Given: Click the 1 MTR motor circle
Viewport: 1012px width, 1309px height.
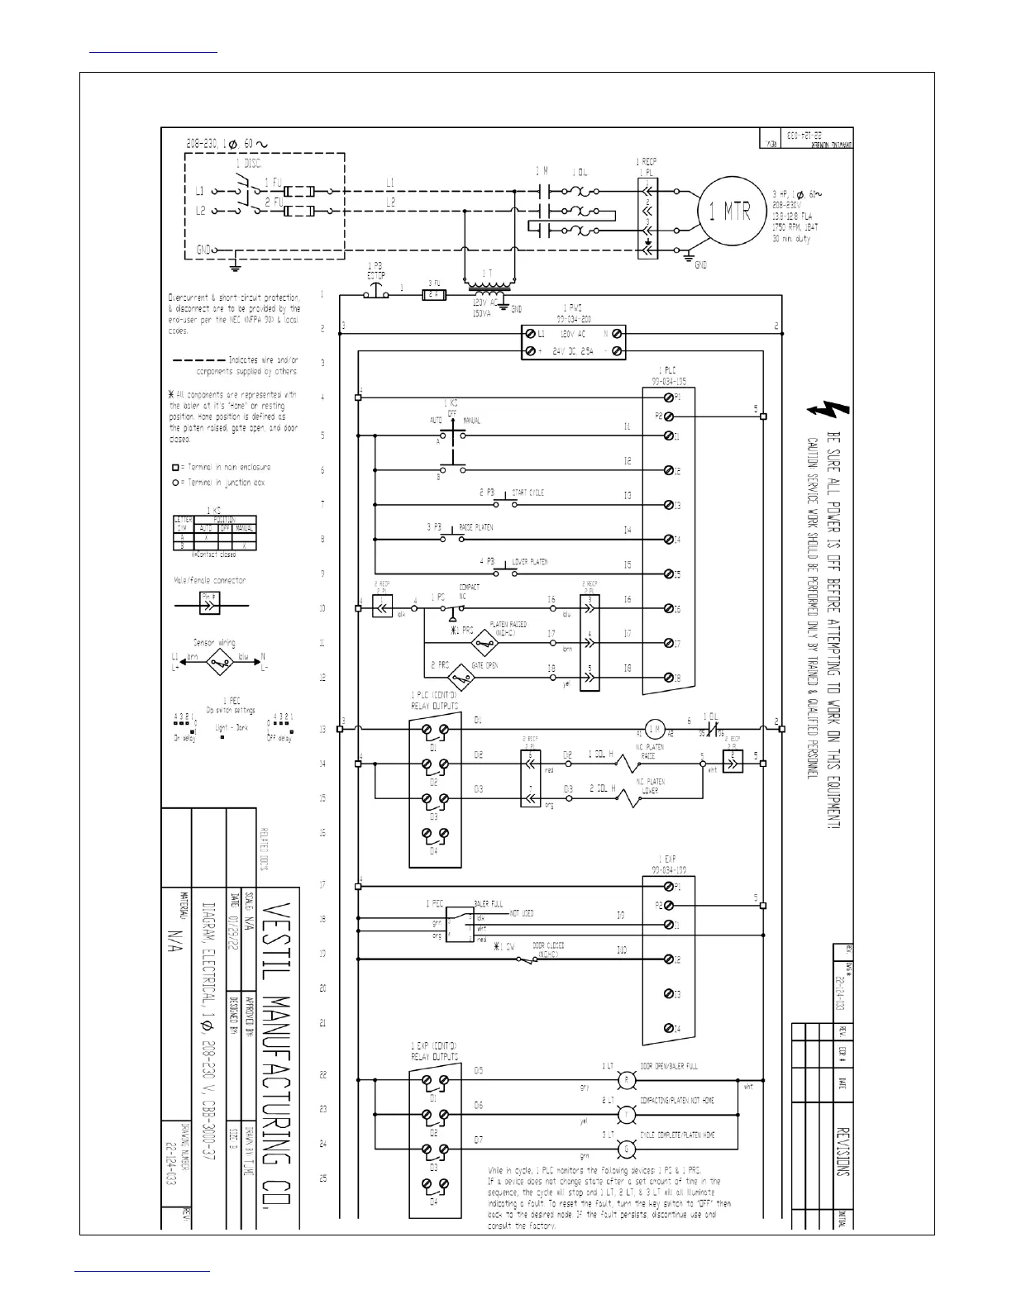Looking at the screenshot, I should tap(726, 211).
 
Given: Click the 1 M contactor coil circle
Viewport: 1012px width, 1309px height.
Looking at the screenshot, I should tap(655, 728).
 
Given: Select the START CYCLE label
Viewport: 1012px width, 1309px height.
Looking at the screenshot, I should tap(528, 493).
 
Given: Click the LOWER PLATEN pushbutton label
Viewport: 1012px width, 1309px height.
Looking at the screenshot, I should tap(529, 562).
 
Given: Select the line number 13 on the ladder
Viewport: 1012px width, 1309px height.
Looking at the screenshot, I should tap(322, 730).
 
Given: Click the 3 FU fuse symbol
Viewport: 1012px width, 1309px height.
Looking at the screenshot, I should tap(433, 294).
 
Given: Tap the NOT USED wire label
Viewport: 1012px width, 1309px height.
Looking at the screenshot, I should tap(521, 913).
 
